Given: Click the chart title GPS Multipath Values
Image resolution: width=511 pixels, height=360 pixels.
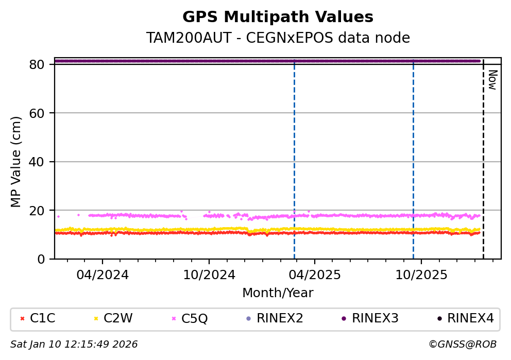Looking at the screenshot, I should (278, 17).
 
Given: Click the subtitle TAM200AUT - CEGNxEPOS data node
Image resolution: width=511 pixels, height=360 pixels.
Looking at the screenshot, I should (278, 38).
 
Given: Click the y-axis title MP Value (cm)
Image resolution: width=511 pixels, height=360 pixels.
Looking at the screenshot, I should (17, 162).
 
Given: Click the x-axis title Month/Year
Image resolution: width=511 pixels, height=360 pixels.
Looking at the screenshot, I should (278, 293).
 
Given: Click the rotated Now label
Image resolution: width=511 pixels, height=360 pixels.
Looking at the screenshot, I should (492, 80).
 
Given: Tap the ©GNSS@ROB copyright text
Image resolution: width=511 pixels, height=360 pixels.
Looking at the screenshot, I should (462, 344).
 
